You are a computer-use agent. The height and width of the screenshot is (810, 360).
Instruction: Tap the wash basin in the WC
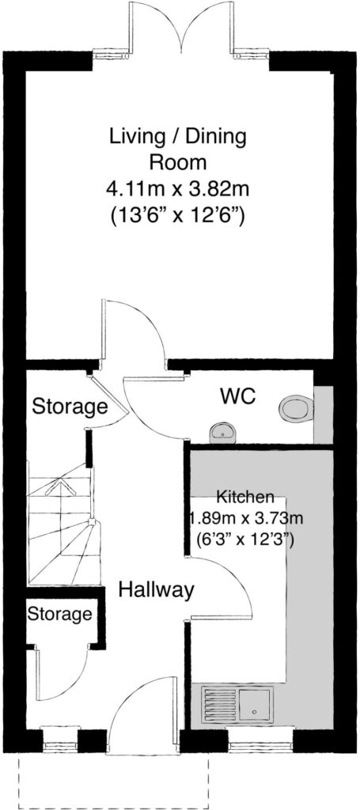click(223, 433)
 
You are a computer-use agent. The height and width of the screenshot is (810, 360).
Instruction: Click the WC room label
click(238, 397)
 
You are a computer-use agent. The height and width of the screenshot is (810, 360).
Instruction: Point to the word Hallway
click(156, 589)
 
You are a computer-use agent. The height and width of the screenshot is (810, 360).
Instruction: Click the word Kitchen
click(244, 498)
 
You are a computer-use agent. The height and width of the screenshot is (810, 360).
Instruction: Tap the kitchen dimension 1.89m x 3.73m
click(244, 518)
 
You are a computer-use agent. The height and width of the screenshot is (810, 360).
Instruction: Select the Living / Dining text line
click(178, 138)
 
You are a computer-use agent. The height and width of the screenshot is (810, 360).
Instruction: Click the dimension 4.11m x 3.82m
click(178, 189)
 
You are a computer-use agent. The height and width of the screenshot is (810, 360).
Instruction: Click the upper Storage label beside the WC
click(70, 407)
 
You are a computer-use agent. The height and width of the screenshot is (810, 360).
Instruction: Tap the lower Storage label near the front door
click(59, 615)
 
